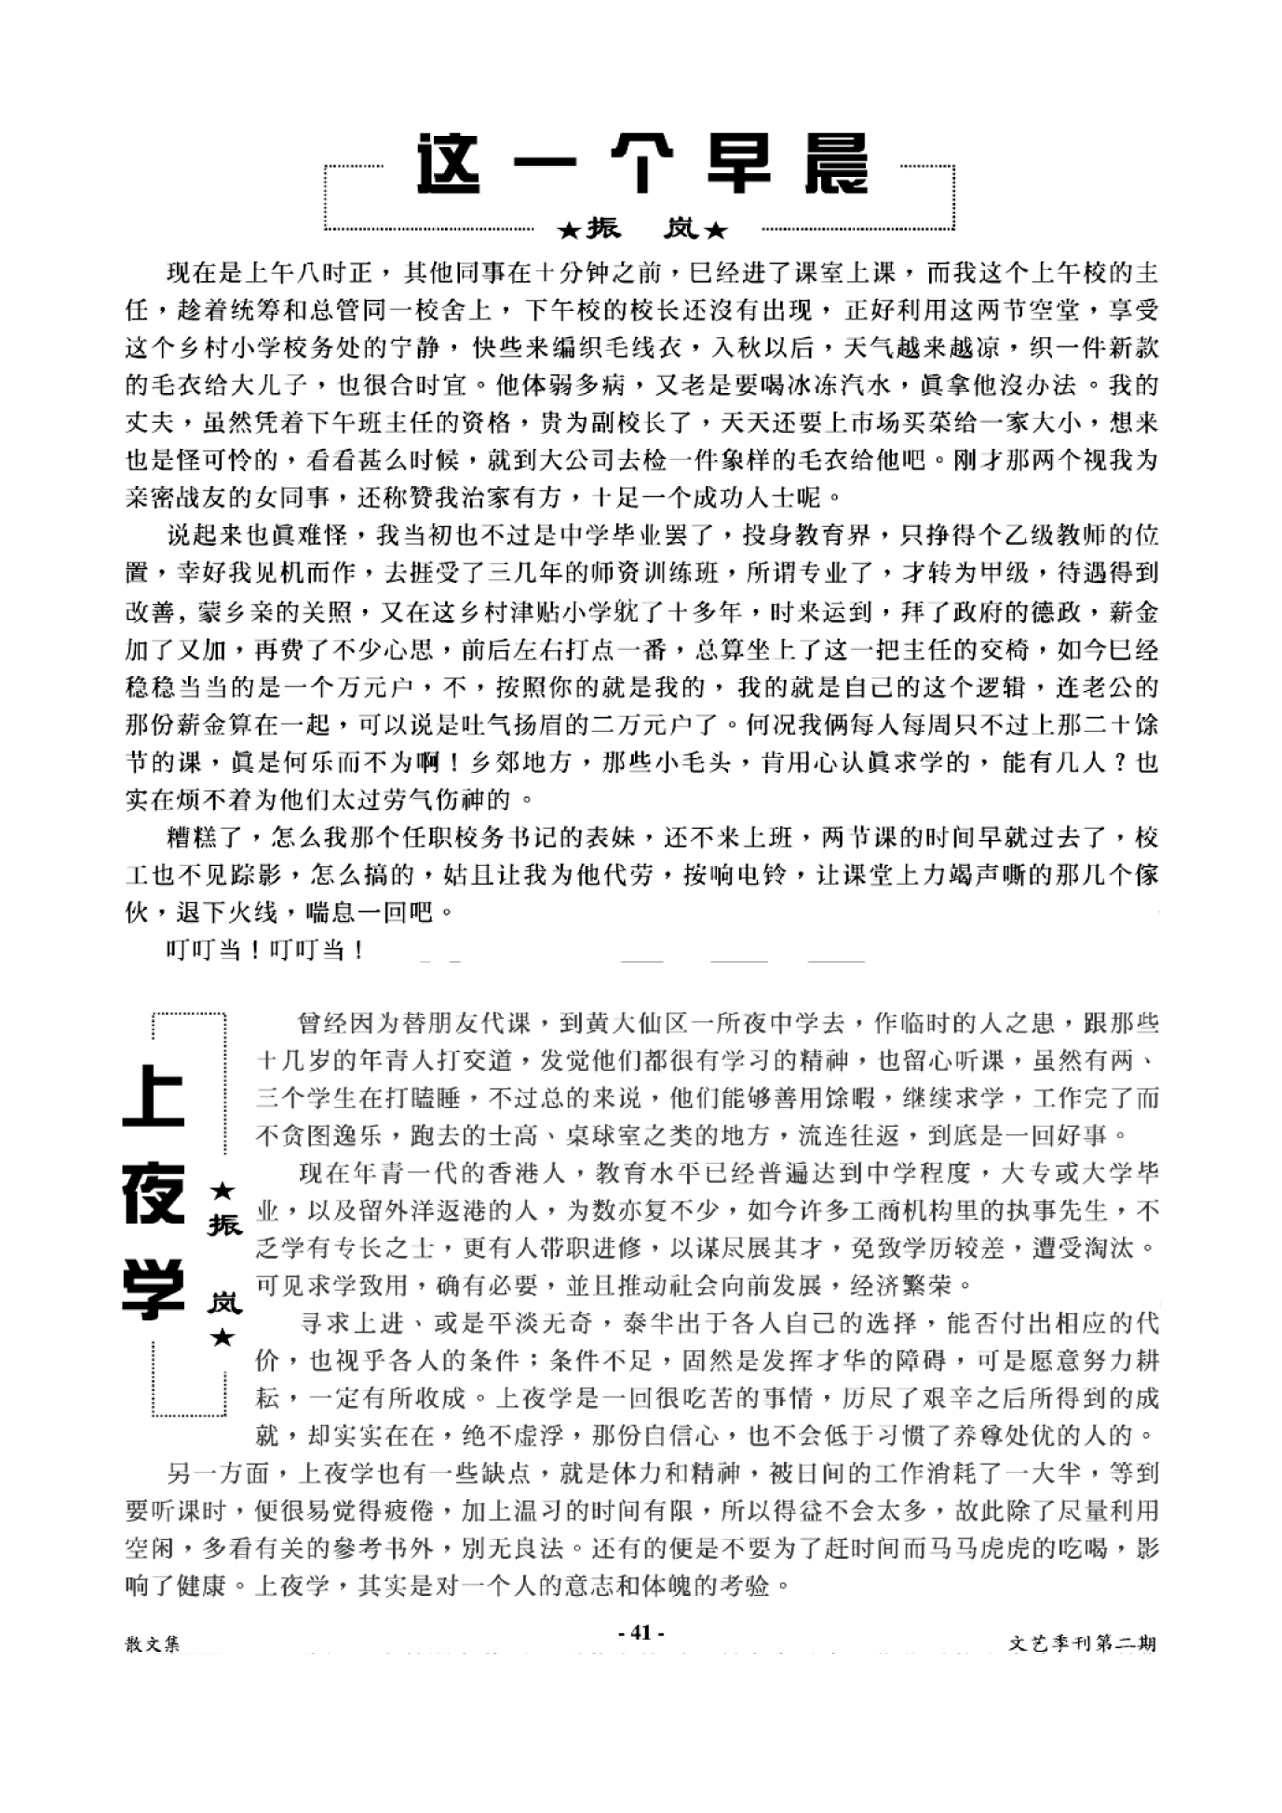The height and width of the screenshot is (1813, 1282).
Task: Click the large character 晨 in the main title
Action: pos(835,166)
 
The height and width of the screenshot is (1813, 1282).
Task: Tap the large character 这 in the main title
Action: pos(450,166)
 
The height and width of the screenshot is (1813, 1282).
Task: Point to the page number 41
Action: pos(641,1632)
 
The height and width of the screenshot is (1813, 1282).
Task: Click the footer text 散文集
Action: pos(153,1644)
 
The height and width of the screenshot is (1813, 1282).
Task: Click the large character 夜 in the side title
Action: pos(155,1195)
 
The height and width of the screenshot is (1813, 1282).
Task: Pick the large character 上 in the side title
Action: pos(155,1097)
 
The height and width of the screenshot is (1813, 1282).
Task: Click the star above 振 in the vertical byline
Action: pos(223,1191)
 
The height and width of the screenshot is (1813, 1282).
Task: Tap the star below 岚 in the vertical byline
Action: pos(223,1338)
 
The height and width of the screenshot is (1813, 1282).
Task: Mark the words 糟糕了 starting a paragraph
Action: pos(204,838)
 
